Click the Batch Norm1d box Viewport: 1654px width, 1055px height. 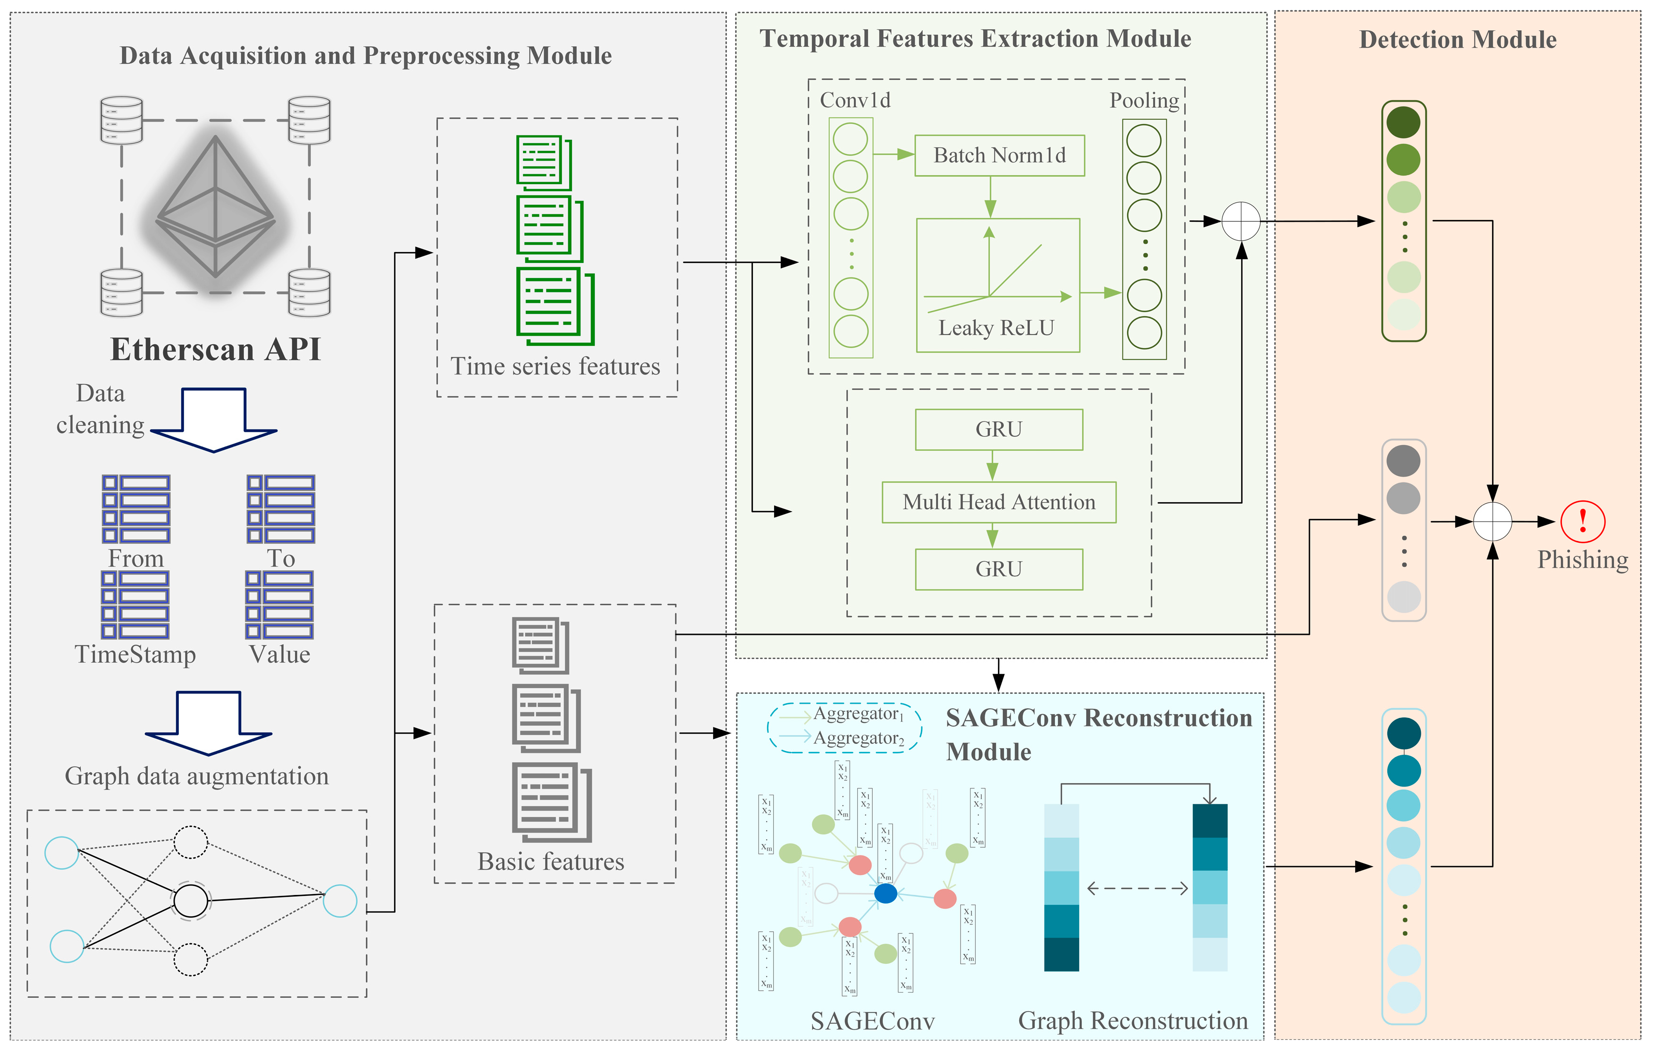tap(999, 155)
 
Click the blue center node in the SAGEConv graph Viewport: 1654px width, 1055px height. tap(886, 893)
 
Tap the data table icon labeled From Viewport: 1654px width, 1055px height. tap(136, 509)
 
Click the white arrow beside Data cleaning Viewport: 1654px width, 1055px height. tap(214, 419)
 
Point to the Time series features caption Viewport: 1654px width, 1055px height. tap(555, 366)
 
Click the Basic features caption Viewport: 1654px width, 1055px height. tap(551, 861)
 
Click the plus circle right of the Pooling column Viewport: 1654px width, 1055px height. tap(1240, 221)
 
